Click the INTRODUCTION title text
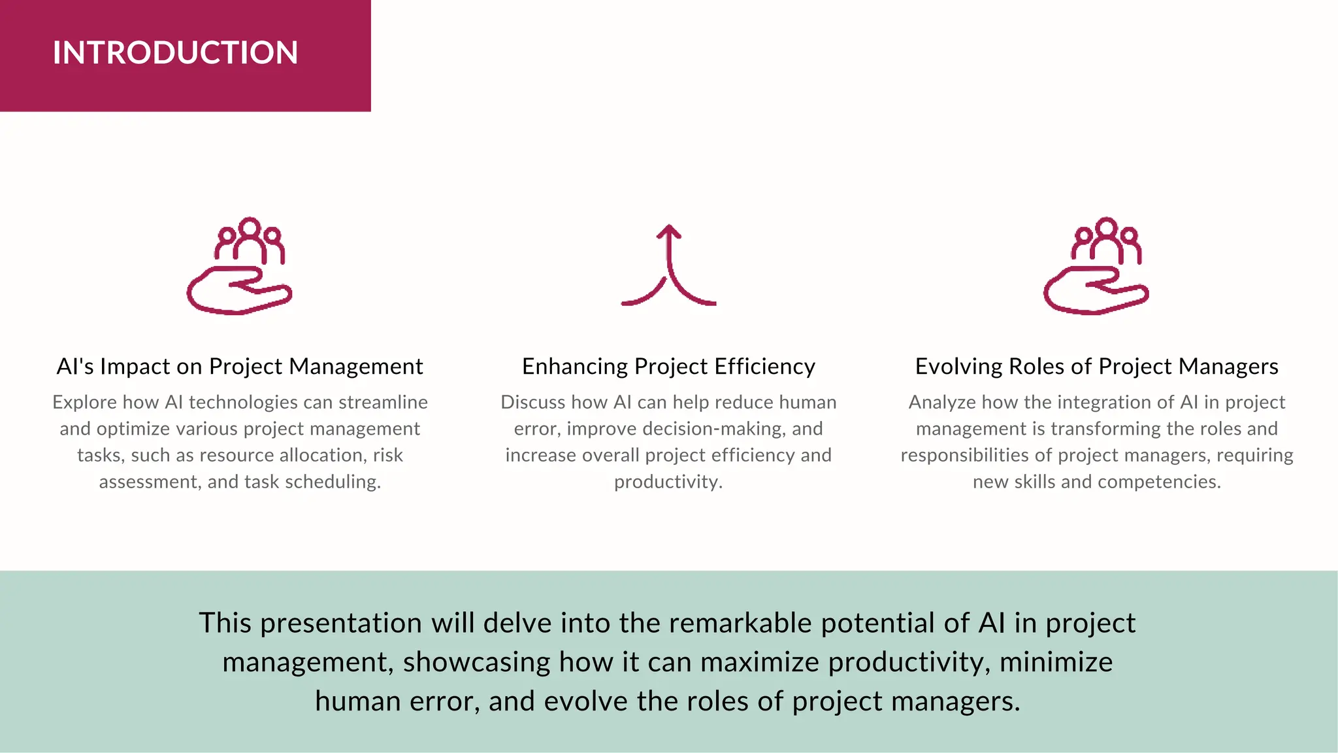(175, 52)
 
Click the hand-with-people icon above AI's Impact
(239, 266)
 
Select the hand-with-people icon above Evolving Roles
(1096, 266)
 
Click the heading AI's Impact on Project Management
(240, 367)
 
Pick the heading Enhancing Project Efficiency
(668, 367)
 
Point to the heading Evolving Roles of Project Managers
(1096, 367)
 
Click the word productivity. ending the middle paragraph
(668, 482)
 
